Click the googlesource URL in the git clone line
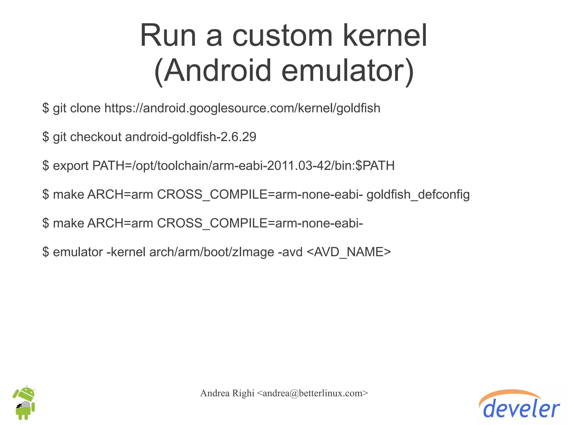click(x=242, y=108)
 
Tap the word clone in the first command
click(x=85, y=108)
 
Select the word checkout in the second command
click(x=96, y=137)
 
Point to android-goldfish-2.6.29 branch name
click(x=191, y=137)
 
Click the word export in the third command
click(x=71, y=166)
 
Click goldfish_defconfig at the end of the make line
click(x=418, y=194)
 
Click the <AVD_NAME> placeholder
click(x=349, y=252)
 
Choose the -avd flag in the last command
click(x=290, y=252)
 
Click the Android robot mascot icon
click(x=24, y=403)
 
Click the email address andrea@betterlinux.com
click(x=313, y=393)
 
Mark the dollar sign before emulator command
click(x=46, y=252)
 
